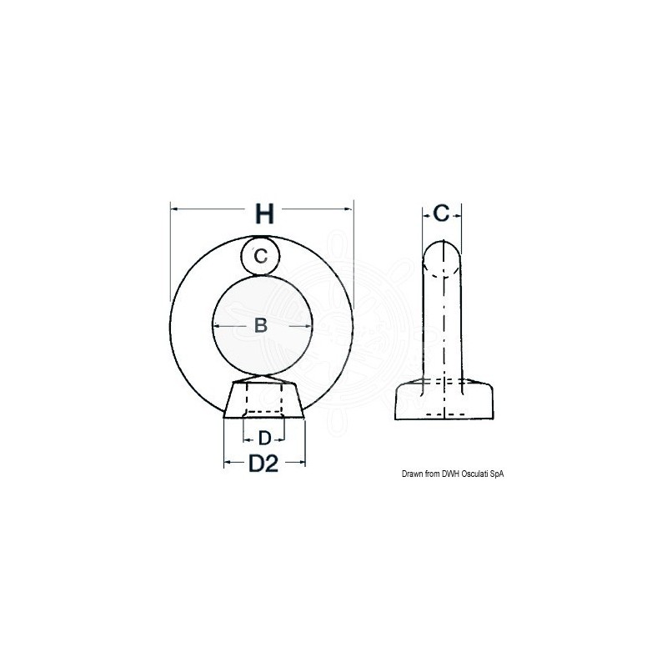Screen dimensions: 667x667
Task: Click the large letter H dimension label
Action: [263, 214]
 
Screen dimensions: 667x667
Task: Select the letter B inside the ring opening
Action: [260, 325]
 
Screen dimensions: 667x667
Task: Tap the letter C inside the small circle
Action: [261, 256]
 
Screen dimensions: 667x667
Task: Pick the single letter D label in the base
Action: [263, 438]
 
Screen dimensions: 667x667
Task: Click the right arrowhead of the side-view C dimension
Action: [455, 214]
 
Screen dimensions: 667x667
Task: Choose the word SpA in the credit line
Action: [498, 474]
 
